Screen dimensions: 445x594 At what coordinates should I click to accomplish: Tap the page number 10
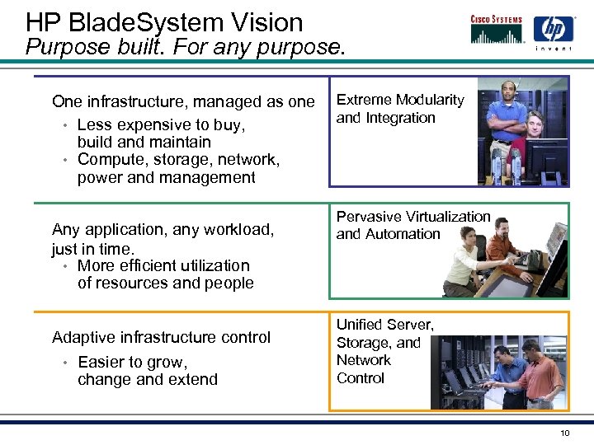[x=564, y=433]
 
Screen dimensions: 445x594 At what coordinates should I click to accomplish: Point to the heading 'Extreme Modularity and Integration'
[x=400, y=109]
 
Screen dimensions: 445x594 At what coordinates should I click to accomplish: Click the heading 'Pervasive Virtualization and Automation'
[x=412, y=225]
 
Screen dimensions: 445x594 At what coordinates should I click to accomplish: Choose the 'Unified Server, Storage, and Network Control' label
[x=384, y=351]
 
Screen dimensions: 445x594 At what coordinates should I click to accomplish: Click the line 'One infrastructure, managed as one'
[x=183, y=101]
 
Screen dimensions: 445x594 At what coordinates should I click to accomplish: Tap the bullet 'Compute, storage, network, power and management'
[x=177, y=168]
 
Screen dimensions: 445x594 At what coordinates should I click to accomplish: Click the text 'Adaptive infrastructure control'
[x=161, y=337]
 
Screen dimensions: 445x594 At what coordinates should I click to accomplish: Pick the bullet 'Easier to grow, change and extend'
[x=147, y=371]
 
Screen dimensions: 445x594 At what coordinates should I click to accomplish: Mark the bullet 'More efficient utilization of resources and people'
[x=164, y=274]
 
